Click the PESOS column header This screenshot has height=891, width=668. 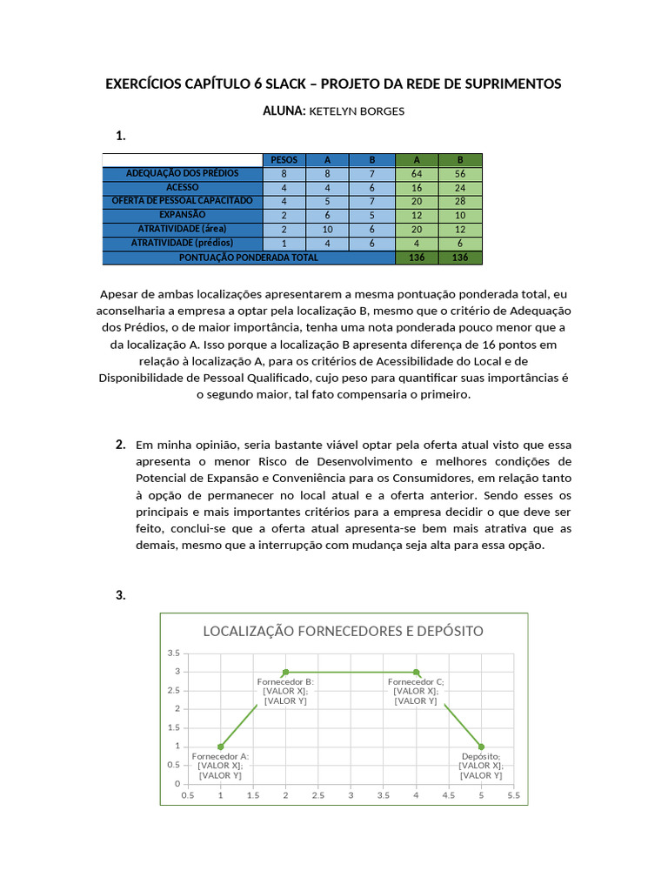click(284, 160)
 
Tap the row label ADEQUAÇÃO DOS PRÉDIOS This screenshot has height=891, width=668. click(182, 173)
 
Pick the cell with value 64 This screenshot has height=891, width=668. click(417, 174)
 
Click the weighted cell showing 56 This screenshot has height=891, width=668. click(460, 174)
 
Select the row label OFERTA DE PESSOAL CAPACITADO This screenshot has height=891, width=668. click(182, 200)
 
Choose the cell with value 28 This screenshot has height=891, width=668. click(460, 201)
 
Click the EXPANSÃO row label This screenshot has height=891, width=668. click(182, 214)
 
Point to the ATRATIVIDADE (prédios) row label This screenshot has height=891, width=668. click(182, 243)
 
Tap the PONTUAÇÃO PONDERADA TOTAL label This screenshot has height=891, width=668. click(249, 258)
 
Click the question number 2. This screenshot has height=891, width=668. click(121, 445)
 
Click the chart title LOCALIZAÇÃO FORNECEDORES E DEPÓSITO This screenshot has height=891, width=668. click(343, 631)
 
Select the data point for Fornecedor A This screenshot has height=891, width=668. click(221, 747)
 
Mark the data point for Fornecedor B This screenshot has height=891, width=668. click(286, 672)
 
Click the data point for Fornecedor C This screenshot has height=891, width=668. click(417, 672)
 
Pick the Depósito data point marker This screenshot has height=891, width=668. click(481, 747)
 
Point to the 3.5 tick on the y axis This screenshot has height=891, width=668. click(173, 653)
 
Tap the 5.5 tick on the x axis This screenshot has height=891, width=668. click(512, 794)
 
